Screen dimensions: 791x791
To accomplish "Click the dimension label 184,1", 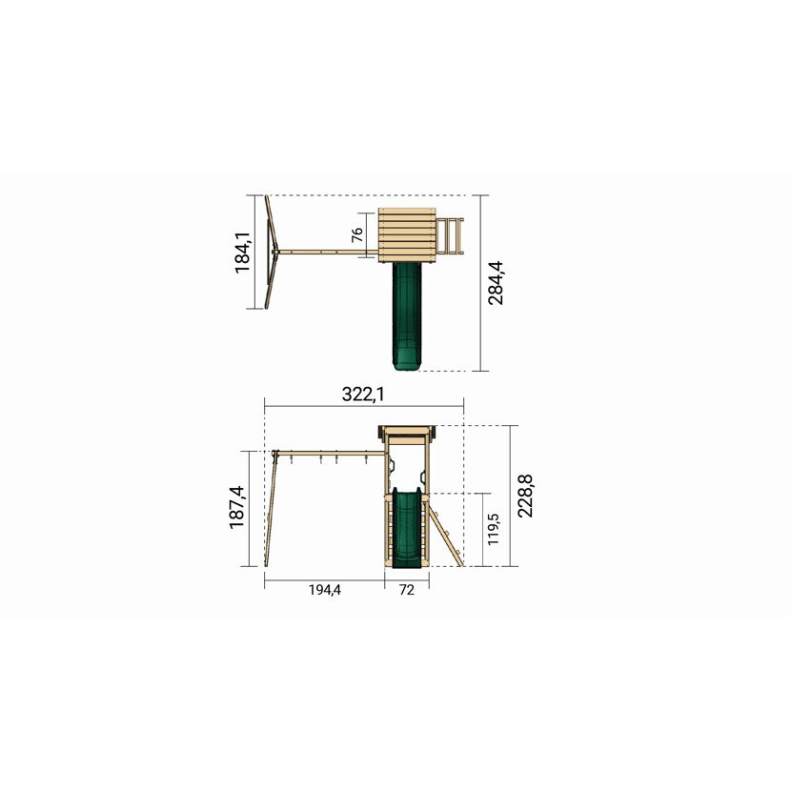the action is coord(243,253).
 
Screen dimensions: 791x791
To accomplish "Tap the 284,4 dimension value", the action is coord(496,282).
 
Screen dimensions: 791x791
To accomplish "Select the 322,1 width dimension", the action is coord(363,394).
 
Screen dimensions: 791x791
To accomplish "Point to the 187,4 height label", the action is coord(237,507).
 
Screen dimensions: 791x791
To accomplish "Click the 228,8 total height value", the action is coord(525,496).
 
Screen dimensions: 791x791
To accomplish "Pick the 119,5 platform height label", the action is coord(493,529).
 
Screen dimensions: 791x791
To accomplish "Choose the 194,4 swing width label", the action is coord(325,589).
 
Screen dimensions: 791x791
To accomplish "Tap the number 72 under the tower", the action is coord(407,589).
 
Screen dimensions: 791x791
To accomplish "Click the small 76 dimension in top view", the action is coord(356,234).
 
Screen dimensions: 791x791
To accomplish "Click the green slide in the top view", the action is coord(407,316).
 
